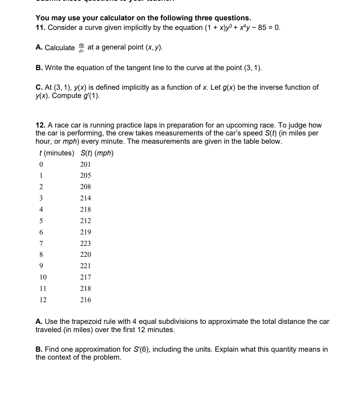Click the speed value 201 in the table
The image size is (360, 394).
[x=85, y=164]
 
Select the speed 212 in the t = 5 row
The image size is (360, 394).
[x=85, y=221]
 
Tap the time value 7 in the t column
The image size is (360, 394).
[x=41, y=243]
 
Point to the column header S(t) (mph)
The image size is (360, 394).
[x=97, y=153]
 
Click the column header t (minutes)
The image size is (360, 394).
[x=55, y=153]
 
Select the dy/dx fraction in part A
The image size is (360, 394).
[x=81, y=47]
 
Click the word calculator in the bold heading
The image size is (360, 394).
[x=112, y=18]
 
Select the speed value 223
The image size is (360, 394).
[x=85, y=243]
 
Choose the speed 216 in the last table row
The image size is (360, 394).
[x=85, y=300]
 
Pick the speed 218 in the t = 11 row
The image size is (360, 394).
[x=85, y=288]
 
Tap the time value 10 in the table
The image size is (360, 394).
[x=43, y=277]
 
